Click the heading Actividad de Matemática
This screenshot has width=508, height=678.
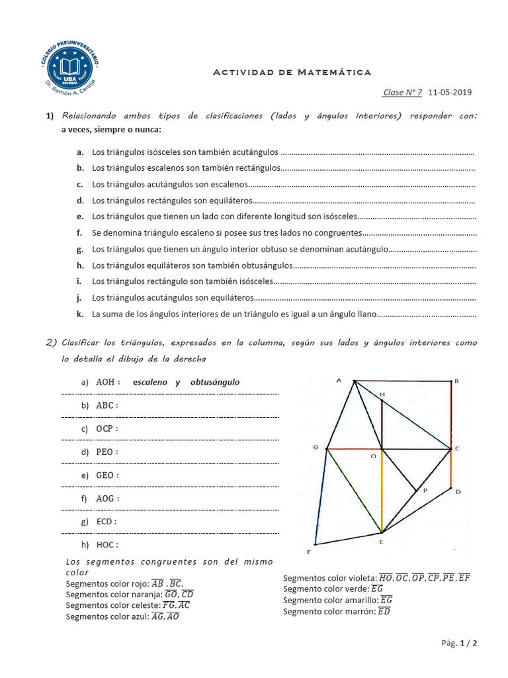click(x=292, y=72)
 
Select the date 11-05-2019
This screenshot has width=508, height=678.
click(x=450, y=93)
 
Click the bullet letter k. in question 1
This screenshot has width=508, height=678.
click(x=79, y=313)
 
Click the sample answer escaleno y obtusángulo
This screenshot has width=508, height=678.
click(x=186, y=382)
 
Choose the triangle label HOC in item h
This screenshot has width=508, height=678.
click(x=106, y=545)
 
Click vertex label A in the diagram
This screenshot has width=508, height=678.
click(x=339, y=380)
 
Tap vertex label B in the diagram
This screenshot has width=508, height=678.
click(x=456, y=381)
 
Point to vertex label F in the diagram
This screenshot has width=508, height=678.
click(x=308, y=552)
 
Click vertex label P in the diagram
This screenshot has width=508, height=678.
click(x=424, y=491)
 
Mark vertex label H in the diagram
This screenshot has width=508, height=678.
click(x=382, y=394)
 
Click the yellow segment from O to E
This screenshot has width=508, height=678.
click(x=382, y=490)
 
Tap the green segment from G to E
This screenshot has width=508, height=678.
click(x=353, y=489)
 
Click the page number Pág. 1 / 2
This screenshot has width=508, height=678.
click(x=458, y=643)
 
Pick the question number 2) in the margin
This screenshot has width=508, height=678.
click(x=52, y=342)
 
